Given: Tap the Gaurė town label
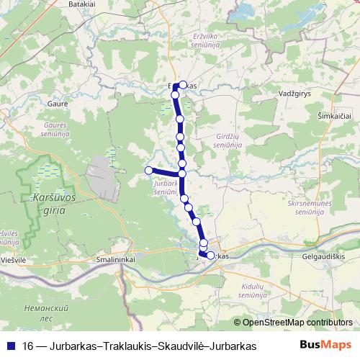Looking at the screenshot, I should coord(58,104).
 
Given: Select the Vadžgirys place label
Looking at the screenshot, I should coord(295,94).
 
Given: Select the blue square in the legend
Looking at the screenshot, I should coord(12,345).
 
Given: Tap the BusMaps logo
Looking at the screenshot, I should coord(325,345).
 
